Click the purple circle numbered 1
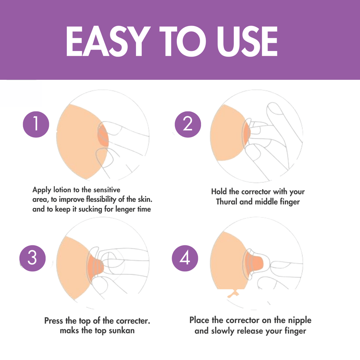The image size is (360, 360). tap(36, 125)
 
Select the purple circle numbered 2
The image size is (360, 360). tap(188, 124)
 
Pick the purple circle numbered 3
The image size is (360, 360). tap(32, 258)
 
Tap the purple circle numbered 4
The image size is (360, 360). tap(185, 258)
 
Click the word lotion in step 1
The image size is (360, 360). tap(62, 190)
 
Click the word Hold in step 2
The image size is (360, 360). tap(219, 192)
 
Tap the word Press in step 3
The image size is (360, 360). tap(54, 321)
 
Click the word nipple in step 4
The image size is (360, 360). tap(299, 320)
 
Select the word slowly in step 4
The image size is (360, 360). tap(223, 331)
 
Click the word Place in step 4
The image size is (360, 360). tap(200, 320)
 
